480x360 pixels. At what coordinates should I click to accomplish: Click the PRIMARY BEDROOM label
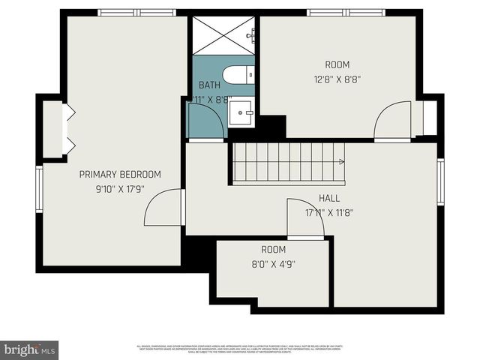point(120,174)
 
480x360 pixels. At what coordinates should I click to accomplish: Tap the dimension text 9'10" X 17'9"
point(120,189)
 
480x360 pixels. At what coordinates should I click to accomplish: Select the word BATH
point(209,85)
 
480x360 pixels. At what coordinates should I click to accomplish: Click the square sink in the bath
point(241,115)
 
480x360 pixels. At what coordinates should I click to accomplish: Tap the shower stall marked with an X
point(224,34)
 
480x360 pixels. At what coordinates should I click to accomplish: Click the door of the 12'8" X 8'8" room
point(391,122)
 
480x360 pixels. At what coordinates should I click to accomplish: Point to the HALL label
point(328,198)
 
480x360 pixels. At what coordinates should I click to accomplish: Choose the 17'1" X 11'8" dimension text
point(328,212)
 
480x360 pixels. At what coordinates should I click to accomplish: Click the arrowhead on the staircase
point(341,161)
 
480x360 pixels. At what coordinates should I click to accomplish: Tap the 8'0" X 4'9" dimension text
point(274,263)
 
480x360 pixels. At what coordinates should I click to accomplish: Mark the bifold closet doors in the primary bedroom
point(68,130)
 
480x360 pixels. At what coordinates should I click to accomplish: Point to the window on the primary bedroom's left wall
point(40,189)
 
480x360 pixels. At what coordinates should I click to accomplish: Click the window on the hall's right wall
point(440,181)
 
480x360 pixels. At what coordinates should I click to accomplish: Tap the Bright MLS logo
point(30,350)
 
